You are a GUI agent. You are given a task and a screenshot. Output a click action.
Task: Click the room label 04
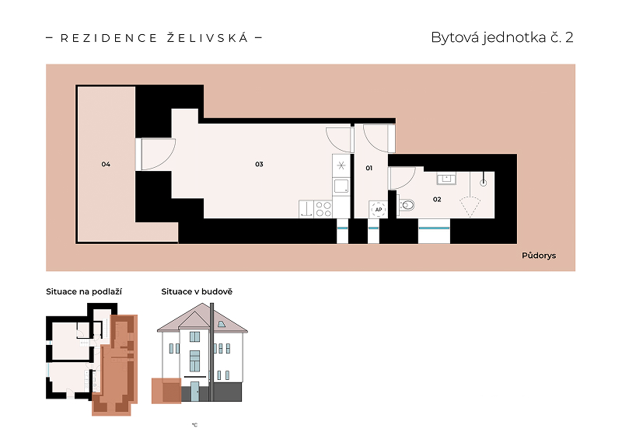pos(106,164)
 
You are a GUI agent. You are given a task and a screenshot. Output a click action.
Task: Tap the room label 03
pos(259,164)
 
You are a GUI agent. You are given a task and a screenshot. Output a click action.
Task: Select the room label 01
pos(369,168)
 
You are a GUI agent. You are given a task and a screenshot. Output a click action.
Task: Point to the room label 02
pos(437,200)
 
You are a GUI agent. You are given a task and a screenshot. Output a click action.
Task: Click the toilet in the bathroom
pos(407,205)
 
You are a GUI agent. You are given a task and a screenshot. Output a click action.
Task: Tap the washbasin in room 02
pos(446,179)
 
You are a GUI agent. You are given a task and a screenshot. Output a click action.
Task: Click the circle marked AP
pos(379,209)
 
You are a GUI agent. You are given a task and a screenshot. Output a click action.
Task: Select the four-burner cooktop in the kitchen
pos(323,209)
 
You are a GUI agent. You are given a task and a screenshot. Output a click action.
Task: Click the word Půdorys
pos(539,256)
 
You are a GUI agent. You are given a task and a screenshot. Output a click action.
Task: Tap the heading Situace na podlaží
pos(84,292)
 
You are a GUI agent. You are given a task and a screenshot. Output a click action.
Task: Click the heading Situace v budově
pos(197,292)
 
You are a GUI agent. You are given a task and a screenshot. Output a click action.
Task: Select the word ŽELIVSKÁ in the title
pos(208,38)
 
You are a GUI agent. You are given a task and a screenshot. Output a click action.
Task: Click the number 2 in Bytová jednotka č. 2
pos(569,37)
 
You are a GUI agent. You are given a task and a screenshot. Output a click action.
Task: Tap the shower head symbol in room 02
pos(483,183)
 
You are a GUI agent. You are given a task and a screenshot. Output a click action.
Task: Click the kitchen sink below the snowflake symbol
pos(341,186)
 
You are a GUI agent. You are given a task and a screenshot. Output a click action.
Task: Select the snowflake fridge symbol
pos(341,165)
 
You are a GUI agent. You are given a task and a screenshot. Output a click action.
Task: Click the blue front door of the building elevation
pos(195,392)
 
